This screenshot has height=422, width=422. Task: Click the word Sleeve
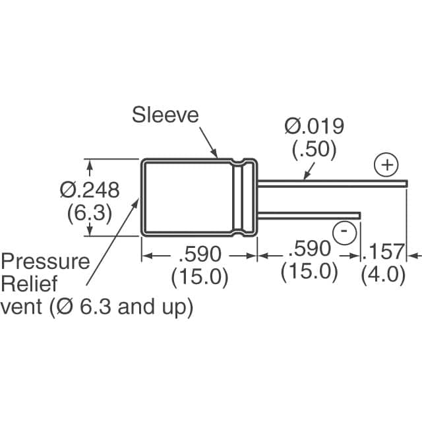[165, 115]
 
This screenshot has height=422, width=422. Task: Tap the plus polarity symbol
[387, 164]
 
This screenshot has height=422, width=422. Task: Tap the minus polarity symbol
[344, 231]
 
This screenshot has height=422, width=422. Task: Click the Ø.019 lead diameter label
[314, 125]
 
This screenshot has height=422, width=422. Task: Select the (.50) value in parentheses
[314, 150]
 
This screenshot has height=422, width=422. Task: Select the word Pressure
[45, 261]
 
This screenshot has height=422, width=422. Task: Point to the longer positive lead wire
[330, 181]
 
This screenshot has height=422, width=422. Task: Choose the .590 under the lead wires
[309, 250]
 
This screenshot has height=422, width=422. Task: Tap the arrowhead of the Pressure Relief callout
[138, 199]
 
